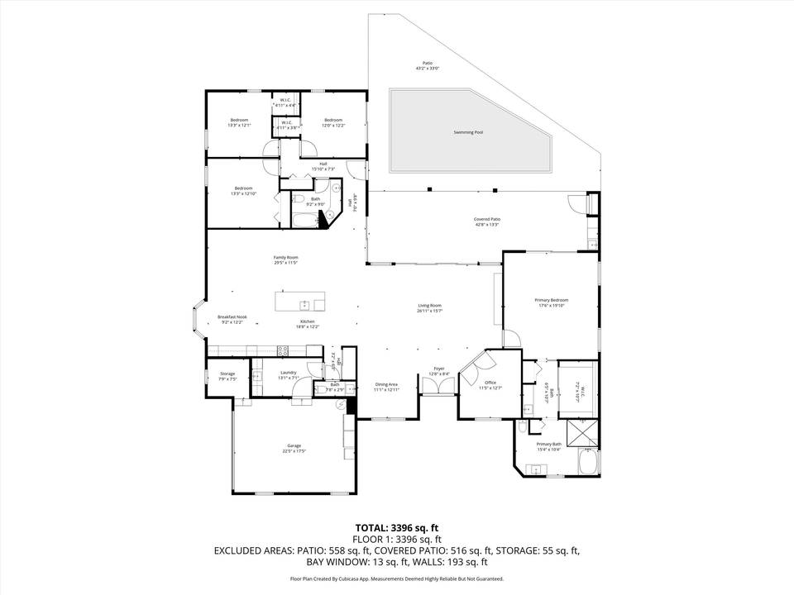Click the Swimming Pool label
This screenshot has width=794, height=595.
pos(468,132)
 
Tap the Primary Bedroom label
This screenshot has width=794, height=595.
pos(553,300)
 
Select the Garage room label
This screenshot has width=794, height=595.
pos(294,445)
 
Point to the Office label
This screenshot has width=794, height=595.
pos(490,383)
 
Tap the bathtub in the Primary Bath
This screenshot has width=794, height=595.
pos(589,463)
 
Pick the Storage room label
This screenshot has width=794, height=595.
pos(227,374)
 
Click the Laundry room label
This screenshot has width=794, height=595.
pos(288,373)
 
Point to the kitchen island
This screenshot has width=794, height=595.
pos(300,300)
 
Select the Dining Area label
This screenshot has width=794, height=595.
pos(386,384)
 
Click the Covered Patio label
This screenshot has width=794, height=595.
pos(486,220)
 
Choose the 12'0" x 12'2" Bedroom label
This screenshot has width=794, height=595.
pos(333,121)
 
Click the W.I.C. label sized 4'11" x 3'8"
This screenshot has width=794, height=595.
pos(286,123)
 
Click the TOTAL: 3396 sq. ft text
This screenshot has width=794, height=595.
pos(396,526)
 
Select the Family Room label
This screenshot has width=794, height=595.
pos(285,258)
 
